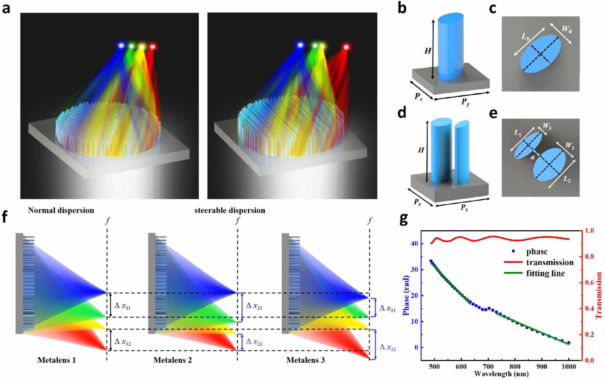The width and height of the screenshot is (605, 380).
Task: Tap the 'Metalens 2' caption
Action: click(x=172, y=360)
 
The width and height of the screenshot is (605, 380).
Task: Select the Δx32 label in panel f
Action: click(x=388, y=347)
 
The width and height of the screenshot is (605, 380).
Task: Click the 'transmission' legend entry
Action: click(x=549, y=262)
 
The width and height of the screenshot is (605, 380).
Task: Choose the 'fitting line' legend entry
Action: click(x=545, y=273)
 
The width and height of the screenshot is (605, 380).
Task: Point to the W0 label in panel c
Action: click(x=566, y=29)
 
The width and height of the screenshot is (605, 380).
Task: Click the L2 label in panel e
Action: click(x=566, y=179)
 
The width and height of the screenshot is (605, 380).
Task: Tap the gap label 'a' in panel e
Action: click(x=533, y=157)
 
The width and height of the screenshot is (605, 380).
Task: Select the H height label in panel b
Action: click(x=428, y=50)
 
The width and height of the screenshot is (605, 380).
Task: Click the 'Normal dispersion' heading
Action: click(x=61, y=211)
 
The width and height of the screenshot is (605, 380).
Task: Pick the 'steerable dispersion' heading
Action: click(x=230, y=211)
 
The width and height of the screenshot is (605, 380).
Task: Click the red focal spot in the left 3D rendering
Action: click(x=152, y=47)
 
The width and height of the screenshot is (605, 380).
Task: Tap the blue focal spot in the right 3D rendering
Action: click(x=300, y=45)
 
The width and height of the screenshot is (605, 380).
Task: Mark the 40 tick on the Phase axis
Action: click(x=414, y=244)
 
